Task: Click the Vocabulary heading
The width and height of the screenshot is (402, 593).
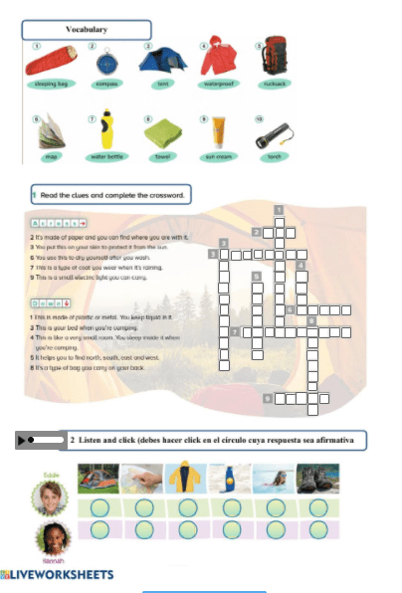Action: [87, 30]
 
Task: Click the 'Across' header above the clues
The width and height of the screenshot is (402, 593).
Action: [59, 225]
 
